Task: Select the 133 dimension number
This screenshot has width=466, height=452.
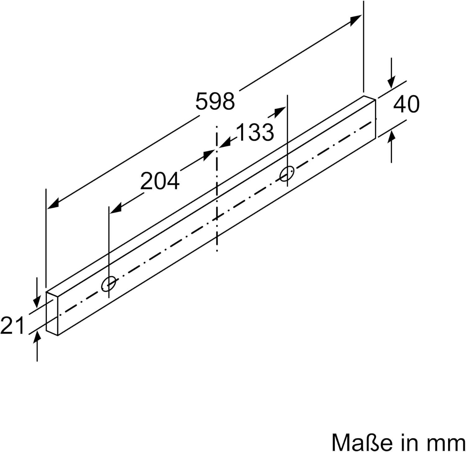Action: click(x=255, y=132)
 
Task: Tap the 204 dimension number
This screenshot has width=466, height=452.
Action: click(x=160, y=181)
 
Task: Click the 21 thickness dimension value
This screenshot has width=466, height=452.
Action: click(x=12, y=325)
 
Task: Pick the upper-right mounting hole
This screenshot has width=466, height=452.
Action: click(x=287, y=174)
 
